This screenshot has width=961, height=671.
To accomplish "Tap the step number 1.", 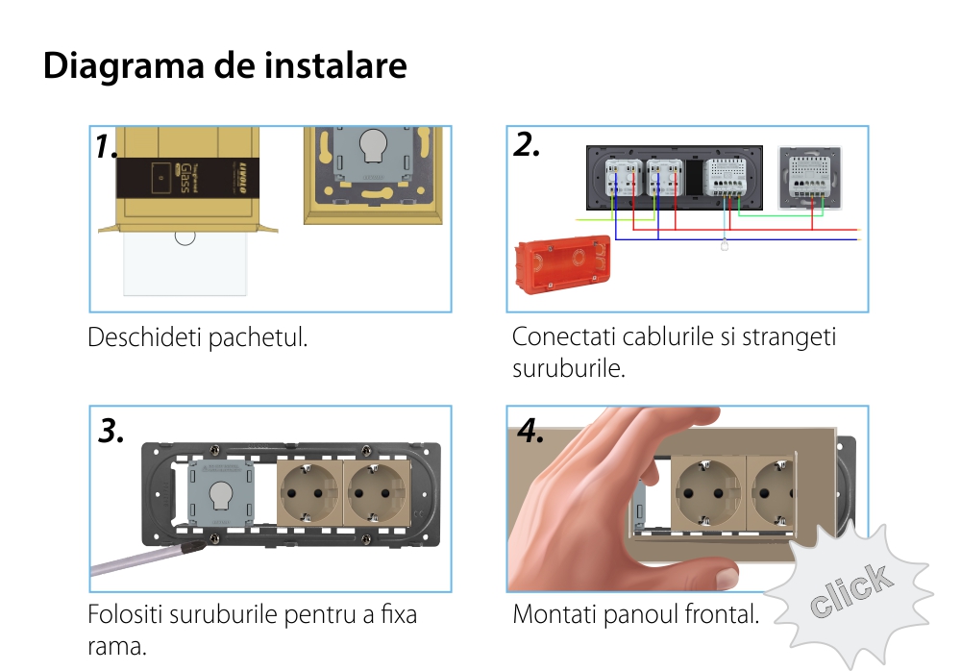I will [107, 147].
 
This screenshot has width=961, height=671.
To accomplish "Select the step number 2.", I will [527, 144].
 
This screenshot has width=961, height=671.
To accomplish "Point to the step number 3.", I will [111, 432].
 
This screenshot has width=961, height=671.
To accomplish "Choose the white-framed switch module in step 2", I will [809, 177].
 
